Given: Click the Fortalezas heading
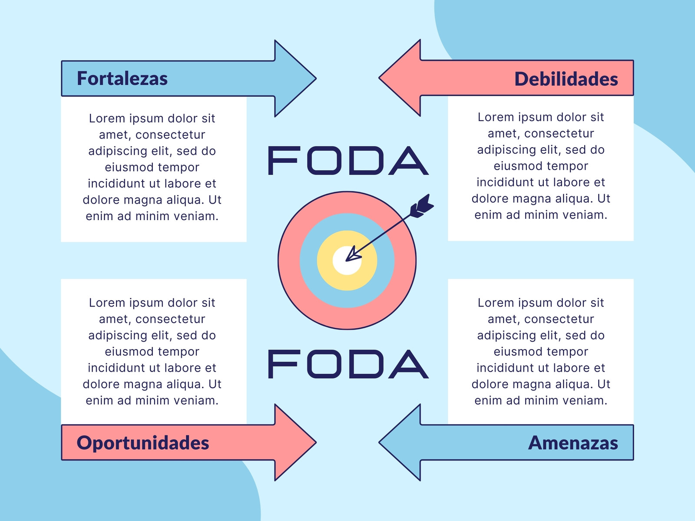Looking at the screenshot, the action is [x=122, y=79].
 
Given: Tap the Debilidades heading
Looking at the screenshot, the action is [x=566, y=79].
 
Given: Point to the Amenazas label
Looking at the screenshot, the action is [x=573, y=442].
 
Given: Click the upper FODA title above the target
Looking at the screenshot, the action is [x=348, y=160].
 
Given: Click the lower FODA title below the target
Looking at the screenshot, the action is [x=348, y=364].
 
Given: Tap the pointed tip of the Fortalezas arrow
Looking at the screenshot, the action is [x=316, y=79].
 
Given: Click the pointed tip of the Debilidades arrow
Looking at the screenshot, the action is [x=379, y=78].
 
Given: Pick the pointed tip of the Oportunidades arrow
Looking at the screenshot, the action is [x=316, y=442].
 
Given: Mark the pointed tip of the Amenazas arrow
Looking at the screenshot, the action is [x=379, y=442].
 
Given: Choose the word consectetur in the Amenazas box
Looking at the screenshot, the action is [x=559, y=319].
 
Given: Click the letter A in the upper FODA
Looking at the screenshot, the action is [x=409, y=160].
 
